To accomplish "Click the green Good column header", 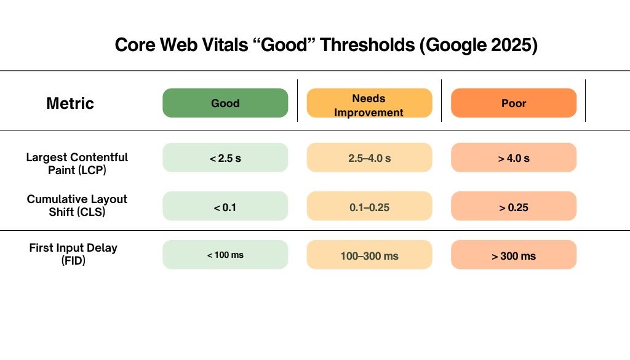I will pos(225,103).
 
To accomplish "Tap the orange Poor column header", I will pos(514,103).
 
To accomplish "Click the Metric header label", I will pos(70,103).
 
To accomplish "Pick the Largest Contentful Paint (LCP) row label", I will pos(77,164).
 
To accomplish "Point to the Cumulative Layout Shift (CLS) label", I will pos(77,206).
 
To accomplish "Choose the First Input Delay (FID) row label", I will pos(73,254).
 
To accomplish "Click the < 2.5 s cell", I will pos(225,158).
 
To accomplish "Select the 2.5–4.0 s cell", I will pos(369,158).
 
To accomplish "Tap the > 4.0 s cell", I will pos(514,158).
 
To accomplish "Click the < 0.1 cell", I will pos(225,207).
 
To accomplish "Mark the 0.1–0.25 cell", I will pos(369,207).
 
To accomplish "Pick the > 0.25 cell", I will pos(514,207).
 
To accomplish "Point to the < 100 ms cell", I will pos(225,255).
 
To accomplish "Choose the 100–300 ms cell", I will pos(369,255).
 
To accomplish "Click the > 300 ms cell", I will pos(514,255).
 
